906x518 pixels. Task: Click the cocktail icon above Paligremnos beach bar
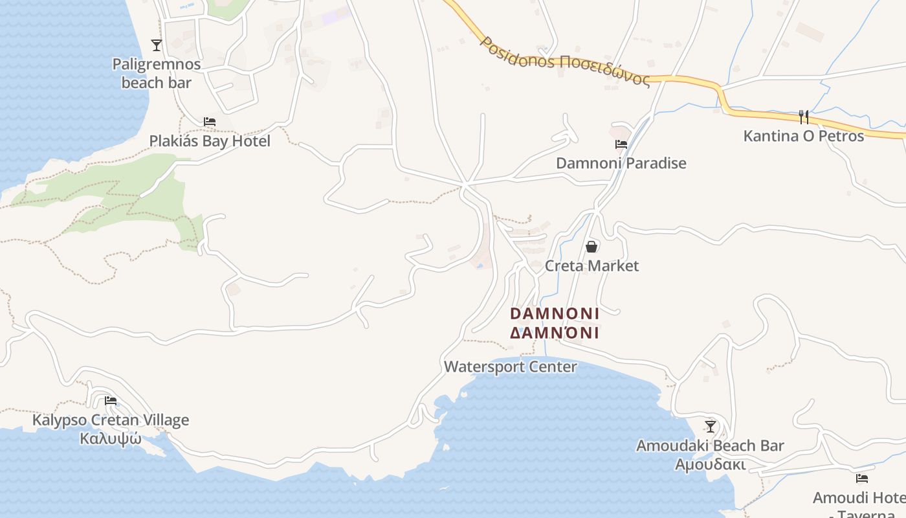(x=156, y=45)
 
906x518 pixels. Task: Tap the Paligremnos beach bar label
(x=157, y=73)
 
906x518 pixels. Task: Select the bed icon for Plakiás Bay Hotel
(x=209, y=122)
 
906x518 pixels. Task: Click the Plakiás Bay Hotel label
(x=210, y=141)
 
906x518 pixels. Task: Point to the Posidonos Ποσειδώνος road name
(x=564, y=62)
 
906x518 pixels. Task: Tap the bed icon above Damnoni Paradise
(x=621, y=144)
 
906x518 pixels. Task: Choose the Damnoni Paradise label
(x=621, y=163)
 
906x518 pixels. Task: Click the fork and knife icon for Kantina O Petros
(x=804, y=117)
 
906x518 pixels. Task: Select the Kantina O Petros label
(x=804, y=136)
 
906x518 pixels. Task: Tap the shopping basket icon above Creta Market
(x=591, y=247)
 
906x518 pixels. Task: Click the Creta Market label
(x=591, y=265)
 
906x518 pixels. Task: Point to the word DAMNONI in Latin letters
(x=555, y=313)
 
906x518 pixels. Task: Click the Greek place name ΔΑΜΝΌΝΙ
(x=555, y=333)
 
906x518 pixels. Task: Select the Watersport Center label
(x=511, y=366)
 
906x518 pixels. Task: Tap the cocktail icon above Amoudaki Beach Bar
(x=711, y=426)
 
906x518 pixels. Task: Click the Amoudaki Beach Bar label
(x=710, y=445)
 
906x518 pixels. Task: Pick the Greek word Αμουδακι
(x=710, y=465)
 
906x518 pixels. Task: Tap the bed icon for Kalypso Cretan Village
(x=111, y=401)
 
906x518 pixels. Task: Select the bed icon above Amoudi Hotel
(x=862, y=479)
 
